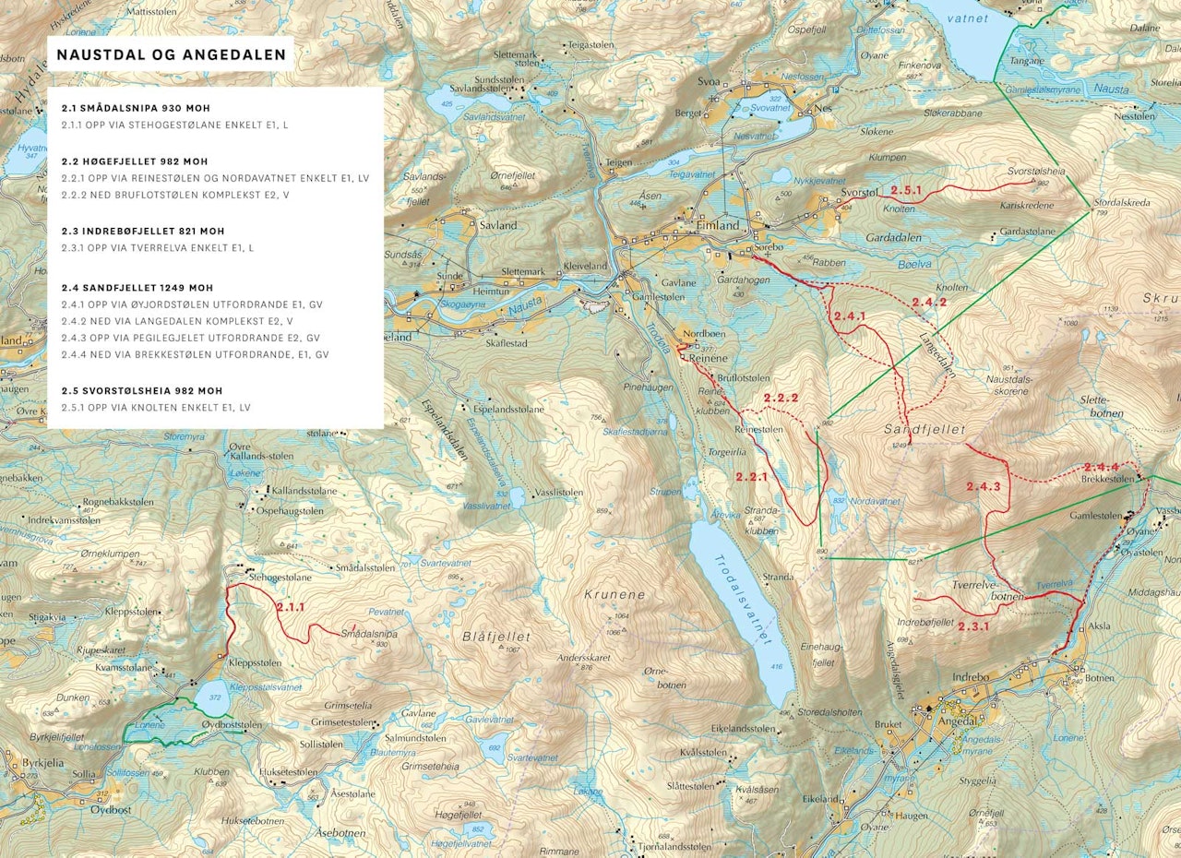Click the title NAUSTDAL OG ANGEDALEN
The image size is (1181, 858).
point(171,54)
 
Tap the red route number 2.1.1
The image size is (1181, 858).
point(290,607)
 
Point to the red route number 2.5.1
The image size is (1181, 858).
point(906,190)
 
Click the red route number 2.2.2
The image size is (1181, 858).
point(781,399)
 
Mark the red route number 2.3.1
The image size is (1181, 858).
point(972,626)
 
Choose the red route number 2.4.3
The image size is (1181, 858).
point(983,485)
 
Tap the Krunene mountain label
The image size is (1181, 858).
point(614,595)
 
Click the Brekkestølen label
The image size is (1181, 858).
point(1107,479)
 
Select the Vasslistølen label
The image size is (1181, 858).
point(557,493)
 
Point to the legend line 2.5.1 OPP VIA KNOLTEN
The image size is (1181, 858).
point(156,407)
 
